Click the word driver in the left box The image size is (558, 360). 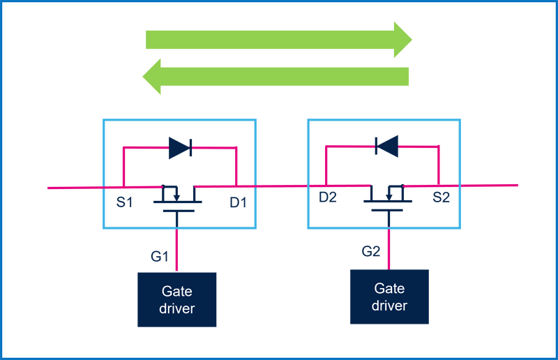point(177,308)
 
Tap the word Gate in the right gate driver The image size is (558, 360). point(389,288)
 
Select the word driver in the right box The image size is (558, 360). point(389,305)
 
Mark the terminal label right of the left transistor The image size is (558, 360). point(232,203)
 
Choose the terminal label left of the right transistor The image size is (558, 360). point(327,203)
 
